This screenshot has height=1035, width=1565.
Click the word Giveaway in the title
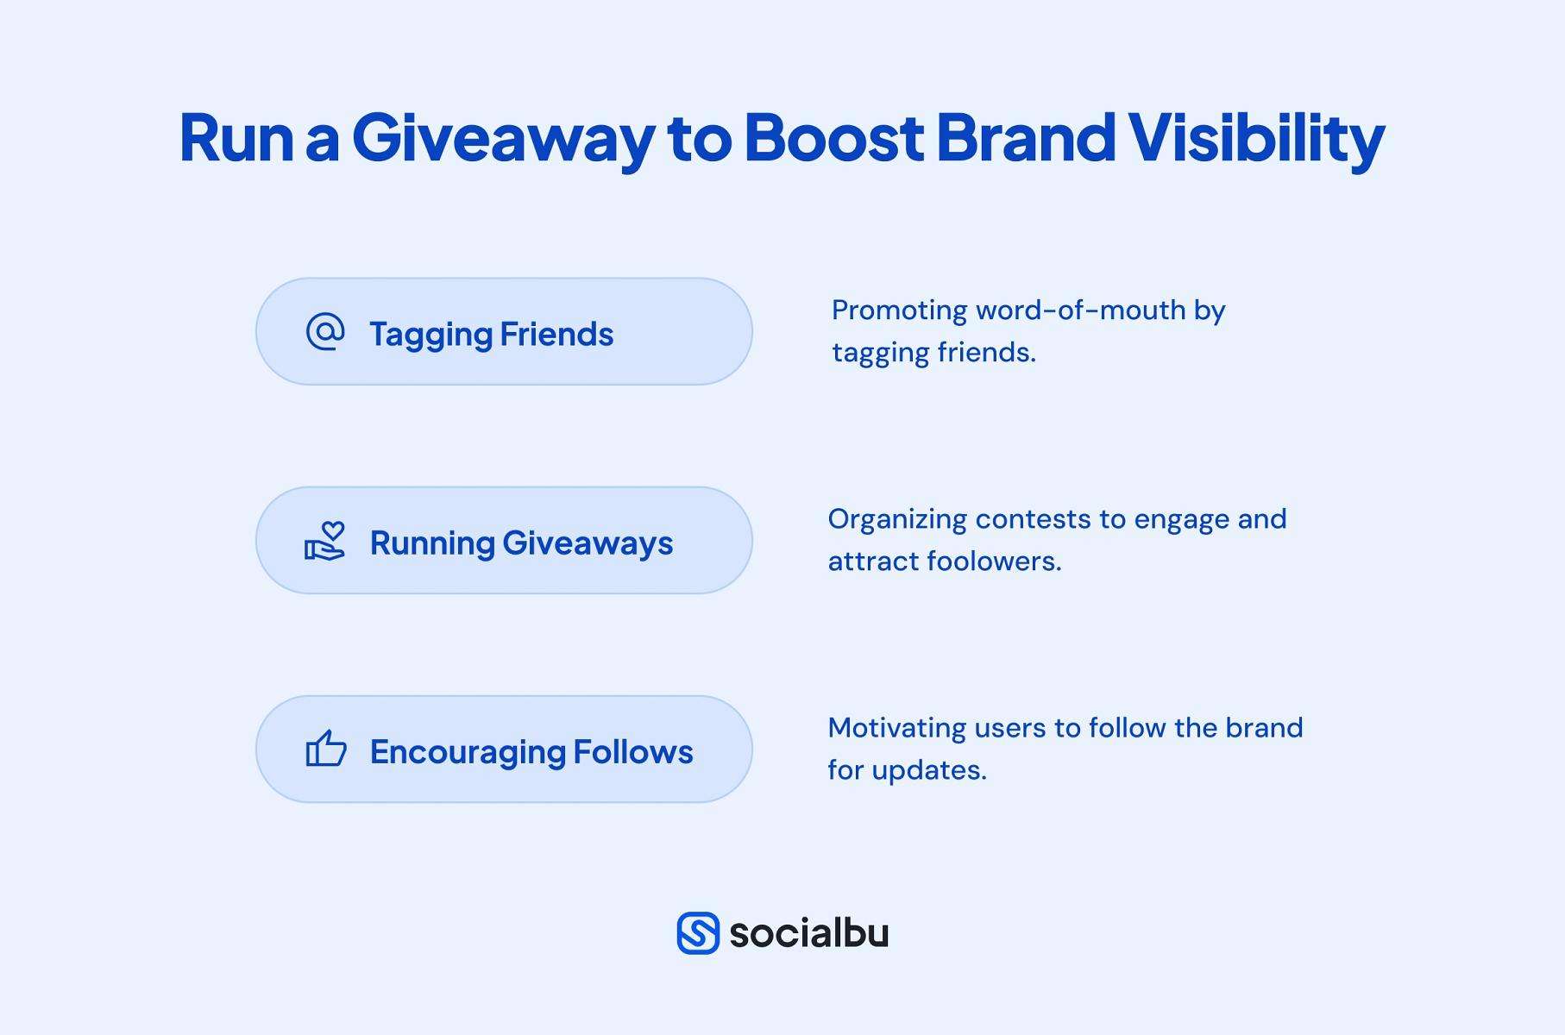click(503, 138)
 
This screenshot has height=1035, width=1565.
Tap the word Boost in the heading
click(833, 138)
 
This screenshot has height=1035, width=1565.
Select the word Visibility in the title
click(1255, 138)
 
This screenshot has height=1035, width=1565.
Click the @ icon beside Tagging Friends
click(325, 332)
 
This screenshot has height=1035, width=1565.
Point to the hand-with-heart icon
click(325, 542)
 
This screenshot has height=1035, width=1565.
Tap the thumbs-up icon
click(325, 749)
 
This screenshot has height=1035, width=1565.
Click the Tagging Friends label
click(491, 335)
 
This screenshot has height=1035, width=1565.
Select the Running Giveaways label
click(521, 543)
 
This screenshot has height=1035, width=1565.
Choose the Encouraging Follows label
click(531, 752)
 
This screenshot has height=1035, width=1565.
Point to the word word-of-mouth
click(1080, 310)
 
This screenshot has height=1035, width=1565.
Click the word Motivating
click(896, 728)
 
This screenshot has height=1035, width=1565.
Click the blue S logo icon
click(698, 933)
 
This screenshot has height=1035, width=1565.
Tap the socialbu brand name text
click(808, 933)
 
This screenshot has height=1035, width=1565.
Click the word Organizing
click(896, 519)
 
